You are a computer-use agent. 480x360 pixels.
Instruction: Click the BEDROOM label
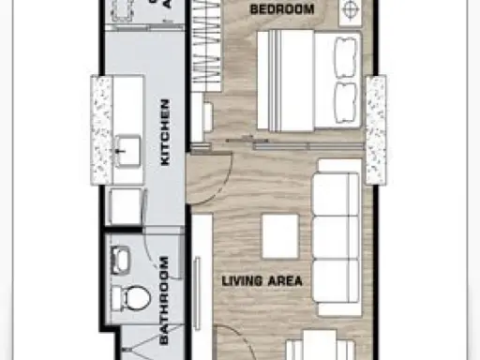coord(282,9)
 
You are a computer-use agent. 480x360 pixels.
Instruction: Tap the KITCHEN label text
coord(165,132)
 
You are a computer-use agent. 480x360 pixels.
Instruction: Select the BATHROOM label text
coord(164,300)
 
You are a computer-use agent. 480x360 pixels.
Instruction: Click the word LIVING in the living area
coord(242,281)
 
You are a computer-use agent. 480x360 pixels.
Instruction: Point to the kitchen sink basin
coord(127,151)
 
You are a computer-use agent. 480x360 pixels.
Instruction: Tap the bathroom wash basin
coord(120,261)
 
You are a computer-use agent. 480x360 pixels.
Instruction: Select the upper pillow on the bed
coord(345,57)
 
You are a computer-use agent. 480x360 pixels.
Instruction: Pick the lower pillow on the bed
coord(345,103)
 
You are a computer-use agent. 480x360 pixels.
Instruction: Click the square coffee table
coord(280,236)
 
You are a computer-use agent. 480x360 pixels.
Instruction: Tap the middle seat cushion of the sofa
coord(336,237)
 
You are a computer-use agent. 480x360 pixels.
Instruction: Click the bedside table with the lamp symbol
coord(351,11)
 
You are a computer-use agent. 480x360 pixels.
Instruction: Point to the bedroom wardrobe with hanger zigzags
coord(206,44)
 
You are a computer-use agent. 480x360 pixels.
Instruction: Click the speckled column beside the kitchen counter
coord(101,129)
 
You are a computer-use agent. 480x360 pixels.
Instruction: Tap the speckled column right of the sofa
coord(376,129)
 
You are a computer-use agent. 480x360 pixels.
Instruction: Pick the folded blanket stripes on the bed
coord(275,81)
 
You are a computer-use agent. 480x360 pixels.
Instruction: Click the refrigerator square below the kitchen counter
coord(126,206)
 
